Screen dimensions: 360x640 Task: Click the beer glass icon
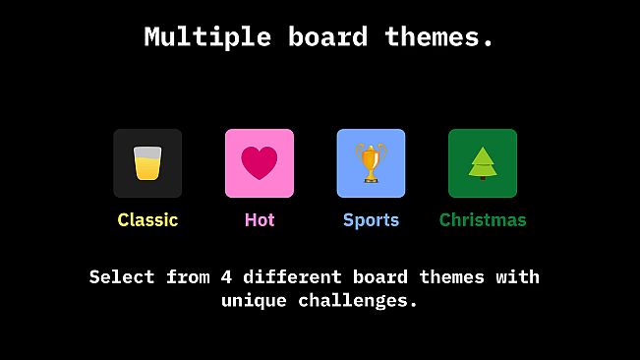coord(147,163)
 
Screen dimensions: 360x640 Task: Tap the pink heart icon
coord(260,163)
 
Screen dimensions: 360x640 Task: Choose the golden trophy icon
coord(371,163)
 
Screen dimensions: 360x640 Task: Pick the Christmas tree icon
coord(483,163)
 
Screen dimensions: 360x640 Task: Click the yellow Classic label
coord(147,220)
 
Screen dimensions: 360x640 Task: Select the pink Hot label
coord(260,220)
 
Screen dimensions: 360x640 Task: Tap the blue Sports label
coord(371,220)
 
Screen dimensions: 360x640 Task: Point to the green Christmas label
coord(483,220)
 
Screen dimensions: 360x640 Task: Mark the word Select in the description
coord(122,276)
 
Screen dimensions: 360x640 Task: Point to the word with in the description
coord(517,276)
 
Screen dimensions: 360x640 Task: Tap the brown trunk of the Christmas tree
coord(483,177)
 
